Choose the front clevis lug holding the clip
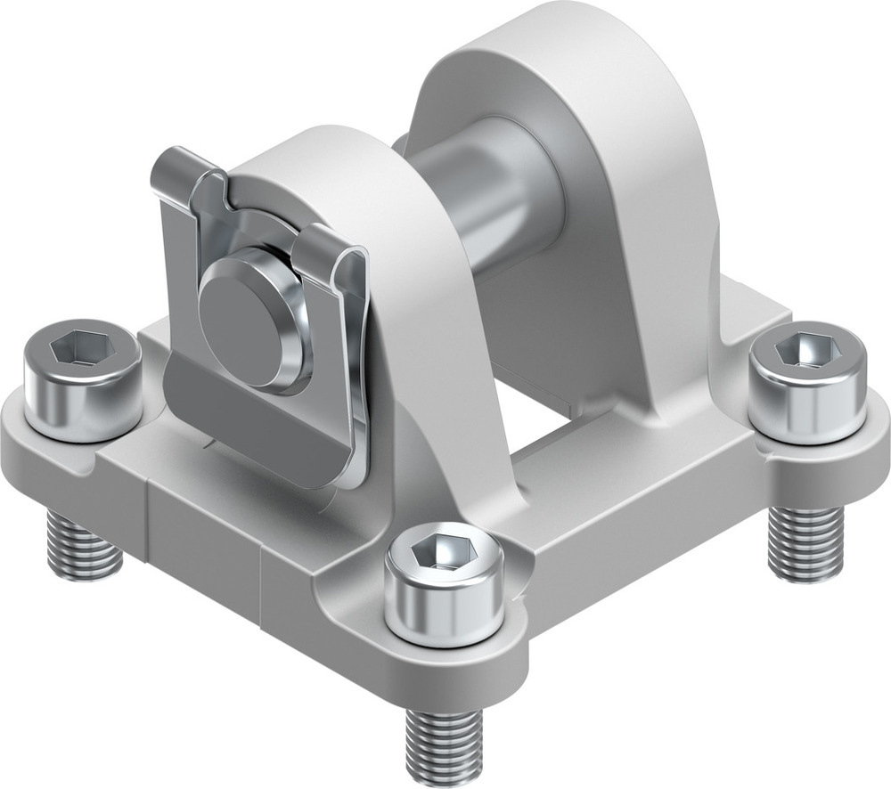pos(401,267)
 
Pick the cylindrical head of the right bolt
pos(806,401)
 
